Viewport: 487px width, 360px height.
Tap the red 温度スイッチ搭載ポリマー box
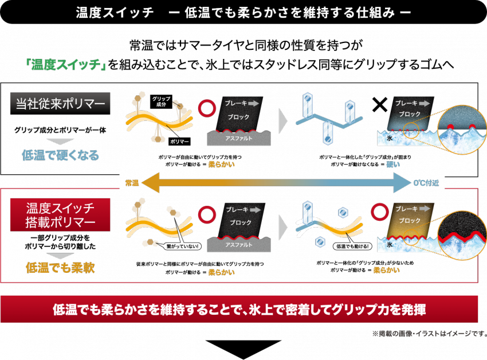60,214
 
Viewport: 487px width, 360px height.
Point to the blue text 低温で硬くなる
60,155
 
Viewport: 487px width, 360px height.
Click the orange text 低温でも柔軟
60,267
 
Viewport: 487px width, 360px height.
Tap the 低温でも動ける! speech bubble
352,246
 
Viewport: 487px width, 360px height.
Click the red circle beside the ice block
379,211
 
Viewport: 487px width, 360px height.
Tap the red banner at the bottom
239,310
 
